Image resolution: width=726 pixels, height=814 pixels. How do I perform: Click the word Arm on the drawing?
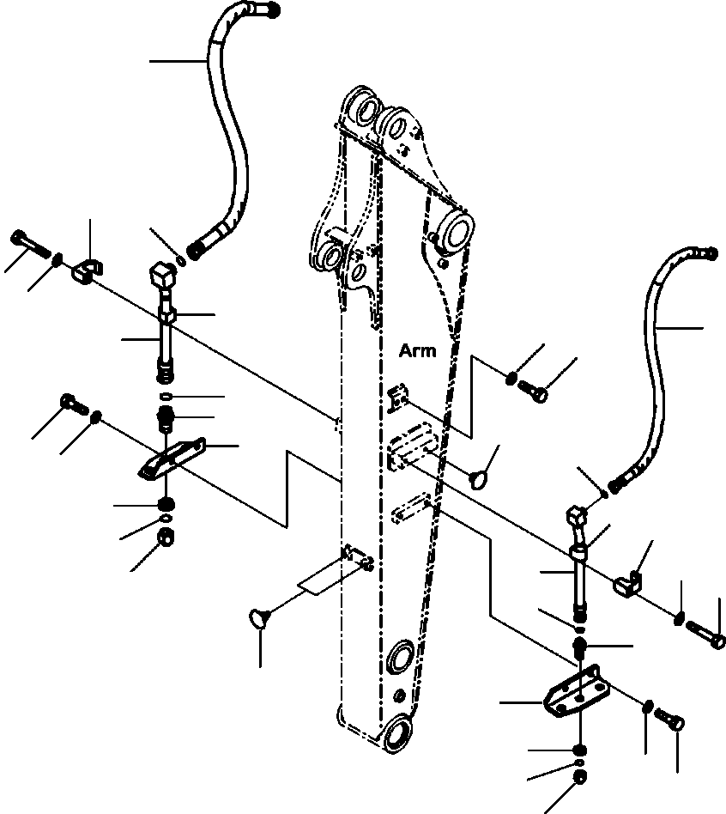(x=418, y=350)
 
